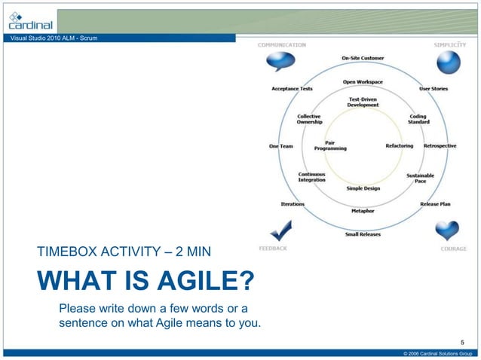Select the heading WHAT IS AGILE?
145,282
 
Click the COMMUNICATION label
282,44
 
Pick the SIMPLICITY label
450,44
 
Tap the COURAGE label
453,249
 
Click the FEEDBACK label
272,248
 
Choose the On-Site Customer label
362,58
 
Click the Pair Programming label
330,145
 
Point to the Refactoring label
399,145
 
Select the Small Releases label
363,234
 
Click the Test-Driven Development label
363,102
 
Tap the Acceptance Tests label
292,89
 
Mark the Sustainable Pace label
420,178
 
